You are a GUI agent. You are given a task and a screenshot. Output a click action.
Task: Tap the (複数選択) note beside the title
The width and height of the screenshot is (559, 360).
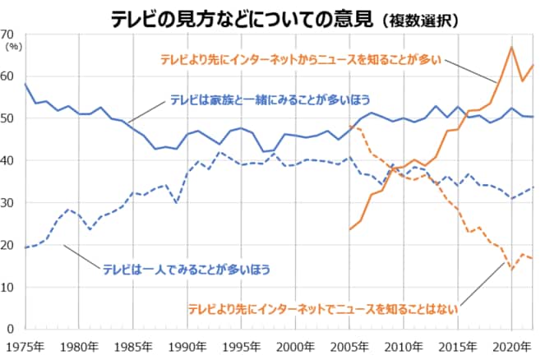coord(420,18)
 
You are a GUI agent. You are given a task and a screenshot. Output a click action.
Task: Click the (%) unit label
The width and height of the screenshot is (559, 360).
coord(14,47)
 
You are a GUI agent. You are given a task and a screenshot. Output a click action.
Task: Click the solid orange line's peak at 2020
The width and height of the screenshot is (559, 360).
coord(511,47)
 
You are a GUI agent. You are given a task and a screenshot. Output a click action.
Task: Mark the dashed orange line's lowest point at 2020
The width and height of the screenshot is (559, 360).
coord(511,269)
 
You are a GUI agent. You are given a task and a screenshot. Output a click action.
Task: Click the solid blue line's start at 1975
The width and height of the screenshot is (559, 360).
coord(25,84)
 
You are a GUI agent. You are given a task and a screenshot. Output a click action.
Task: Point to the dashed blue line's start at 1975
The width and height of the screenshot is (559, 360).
coord(25,247)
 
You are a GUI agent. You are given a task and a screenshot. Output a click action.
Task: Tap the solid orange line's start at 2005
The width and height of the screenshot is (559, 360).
coord(350,229)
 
